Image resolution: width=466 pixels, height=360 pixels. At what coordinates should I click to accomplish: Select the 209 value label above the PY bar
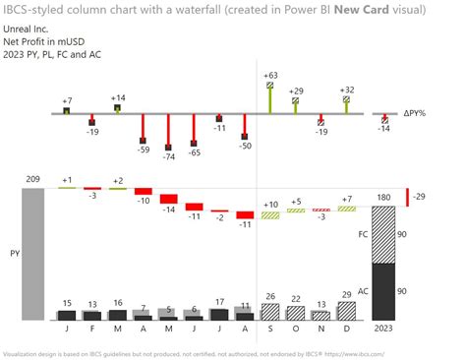pos(31,179)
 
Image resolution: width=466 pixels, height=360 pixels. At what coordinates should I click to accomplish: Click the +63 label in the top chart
pos(269,75)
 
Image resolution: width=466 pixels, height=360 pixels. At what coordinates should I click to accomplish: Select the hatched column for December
pos(345,311)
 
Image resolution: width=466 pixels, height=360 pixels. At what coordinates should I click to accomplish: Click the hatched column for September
pos(269,312)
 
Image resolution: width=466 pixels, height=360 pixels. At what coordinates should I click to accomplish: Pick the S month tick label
pos(269,329)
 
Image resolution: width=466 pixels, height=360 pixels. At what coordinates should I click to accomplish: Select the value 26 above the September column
pos(269,297)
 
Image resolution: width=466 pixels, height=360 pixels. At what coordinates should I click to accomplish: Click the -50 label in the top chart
pos(245,146)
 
